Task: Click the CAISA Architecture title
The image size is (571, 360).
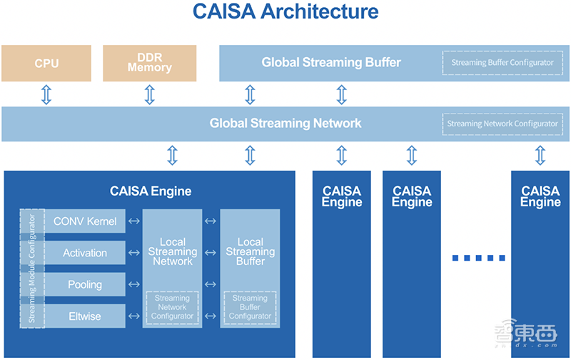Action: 285,12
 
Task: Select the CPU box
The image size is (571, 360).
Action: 46,64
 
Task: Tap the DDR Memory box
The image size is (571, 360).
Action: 149,64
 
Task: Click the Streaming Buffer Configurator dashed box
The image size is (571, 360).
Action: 502,63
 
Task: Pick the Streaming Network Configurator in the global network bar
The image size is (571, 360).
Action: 502,124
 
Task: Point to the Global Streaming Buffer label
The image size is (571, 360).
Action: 331,63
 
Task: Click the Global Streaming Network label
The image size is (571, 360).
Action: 285,124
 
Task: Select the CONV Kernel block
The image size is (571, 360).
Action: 85,221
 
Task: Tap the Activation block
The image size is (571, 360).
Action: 85,253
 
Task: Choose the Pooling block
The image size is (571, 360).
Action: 85,284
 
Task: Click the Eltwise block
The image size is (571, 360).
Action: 85,316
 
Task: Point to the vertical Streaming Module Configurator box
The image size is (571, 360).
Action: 32,269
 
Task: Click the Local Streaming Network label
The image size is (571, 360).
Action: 172,251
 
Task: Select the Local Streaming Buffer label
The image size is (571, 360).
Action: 250,251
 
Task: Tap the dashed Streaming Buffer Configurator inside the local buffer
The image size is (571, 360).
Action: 250,307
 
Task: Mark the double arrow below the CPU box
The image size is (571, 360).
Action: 46,94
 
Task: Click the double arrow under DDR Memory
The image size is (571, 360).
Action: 149,94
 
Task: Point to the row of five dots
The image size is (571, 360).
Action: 479,258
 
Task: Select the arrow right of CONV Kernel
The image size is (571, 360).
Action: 133,221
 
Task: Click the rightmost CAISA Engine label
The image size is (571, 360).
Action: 540,196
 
